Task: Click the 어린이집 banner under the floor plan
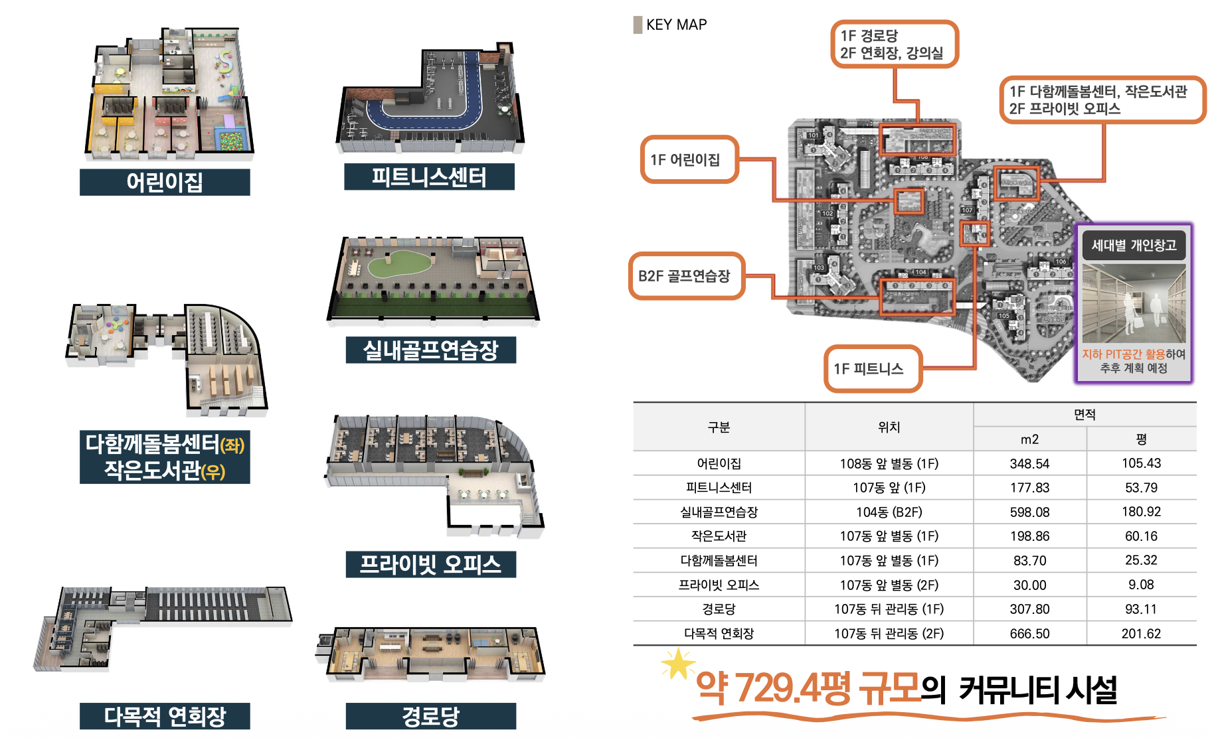point(165,182)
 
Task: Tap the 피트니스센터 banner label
point(429,177)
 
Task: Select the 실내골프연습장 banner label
point(430,350)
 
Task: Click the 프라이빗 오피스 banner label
point(430,564)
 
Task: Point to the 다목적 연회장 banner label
point(165,716)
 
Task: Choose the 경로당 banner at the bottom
point(430,716)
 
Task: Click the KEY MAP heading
point(675,25)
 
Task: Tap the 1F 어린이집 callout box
point(689,159)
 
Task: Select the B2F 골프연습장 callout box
point(686,276)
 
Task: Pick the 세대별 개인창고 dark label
point(1134,246)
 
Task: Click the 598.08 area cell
point(1029,512)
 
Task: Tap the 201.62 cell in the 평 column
point(1141,633)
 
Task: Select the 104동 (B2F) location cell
point(889,512)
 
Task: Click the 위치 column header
point(889,427)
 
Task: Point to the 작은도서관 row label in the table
point(719,536)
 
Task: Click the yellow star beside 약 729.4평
point(677,664)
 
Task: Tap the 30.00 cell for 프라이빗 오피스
point(1029,585)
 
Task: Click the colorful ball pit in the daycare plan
point(231,141)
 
